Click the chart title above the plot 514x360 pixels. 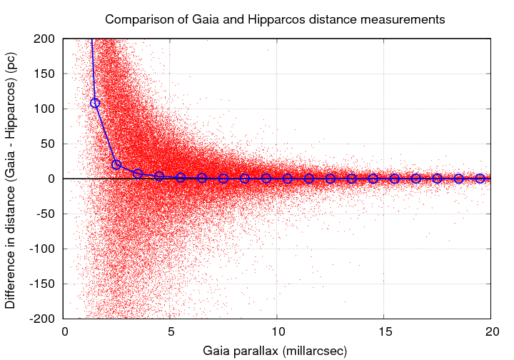coord(275,19)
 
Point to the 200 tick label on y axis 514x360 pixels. coord(46,39)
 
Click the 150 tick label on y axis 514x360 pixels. coord(46,74)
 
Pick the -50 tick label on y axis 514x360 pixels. coord(46,214)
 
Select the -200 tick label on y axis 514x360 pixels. coord(43,319)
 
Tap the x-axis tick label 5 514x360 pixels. coord(171,331)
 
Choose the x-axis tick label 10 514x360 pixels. coord(278,331)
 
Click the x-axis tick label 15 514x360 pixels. coord(385,331)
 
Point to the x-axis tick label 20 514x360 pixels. coord(492,331)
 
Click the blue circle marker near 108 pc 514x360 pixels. coord(95,103)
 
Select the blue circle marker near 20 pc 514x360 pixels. coord(116,165)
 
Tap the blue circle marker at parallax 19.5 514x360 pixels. coord(480,179)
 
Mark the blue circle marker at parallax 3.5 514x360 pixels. coord(138,174)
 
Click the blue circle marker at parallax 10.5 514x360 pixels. coord(288,179)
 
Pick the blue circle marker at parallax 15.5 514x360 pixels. coord(395,179)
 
